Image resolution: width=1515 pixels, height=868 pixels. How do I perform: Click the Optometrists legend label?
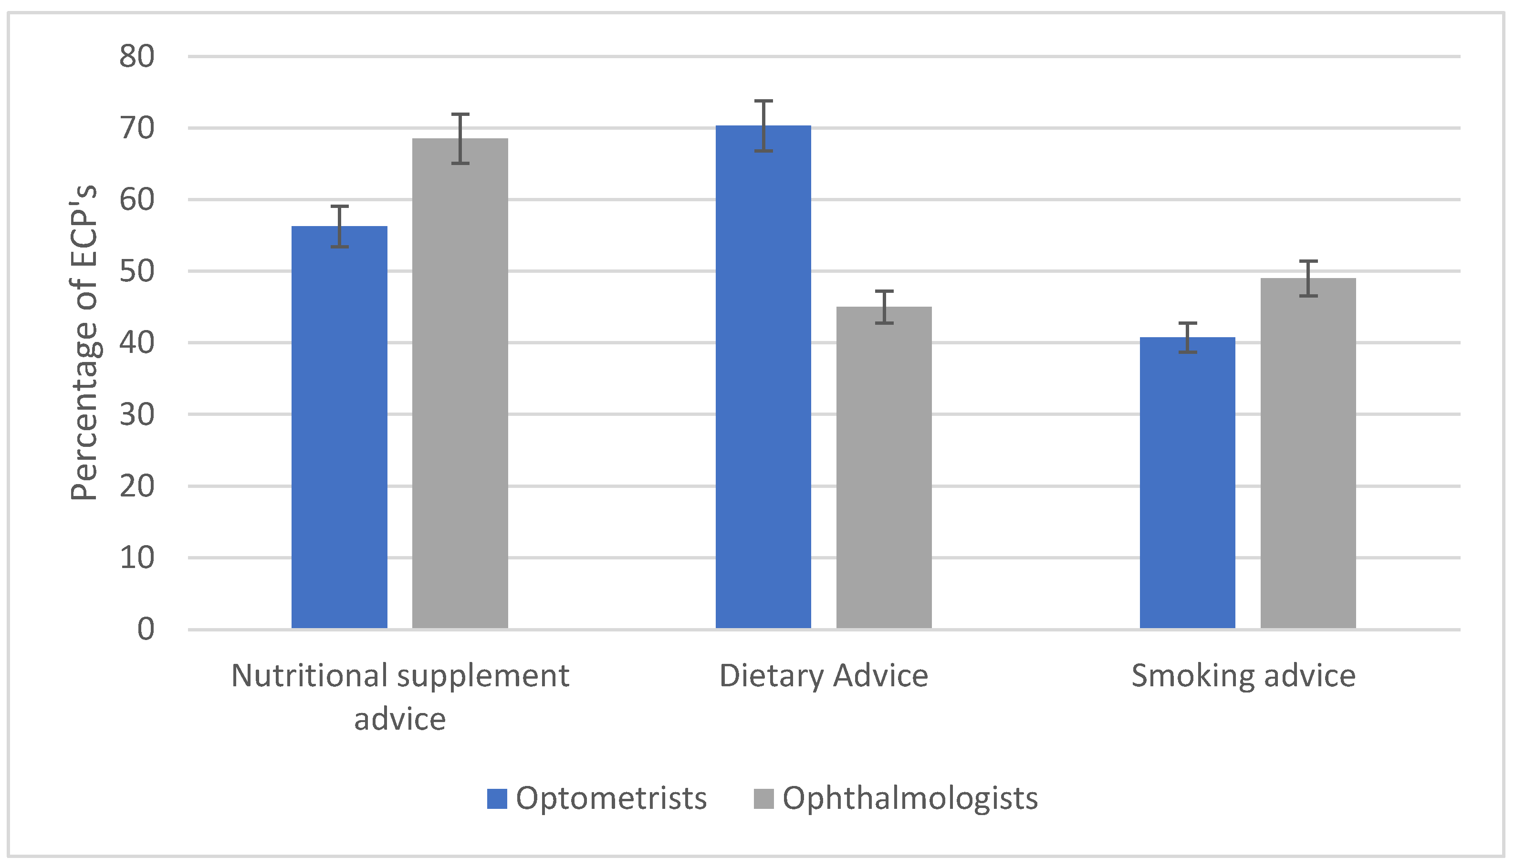click(x=611, y=798)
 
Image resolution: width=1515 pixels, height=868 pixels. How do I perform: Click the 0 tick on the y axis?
click(x=146, y=629)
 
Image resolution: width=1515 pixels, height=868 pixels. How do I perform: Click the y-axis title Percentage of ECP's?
click(x=84, y=343)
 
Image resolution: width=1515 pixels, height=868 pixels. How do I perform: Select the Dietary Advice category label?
click(x=823, y=676)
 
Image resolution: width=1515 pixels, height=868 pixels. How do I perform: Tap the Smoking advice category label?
click(x=1243, y=676)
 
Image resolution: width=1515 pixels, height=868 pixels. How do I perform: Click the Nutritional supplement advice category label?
click(x=400, y=696)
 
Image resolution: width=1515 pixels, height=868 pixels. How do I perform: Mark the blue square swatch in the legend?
click(x=496, y=798)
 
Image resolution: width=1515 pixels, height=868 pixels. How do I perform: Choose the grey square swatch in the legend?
click(x=763, y=798)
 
